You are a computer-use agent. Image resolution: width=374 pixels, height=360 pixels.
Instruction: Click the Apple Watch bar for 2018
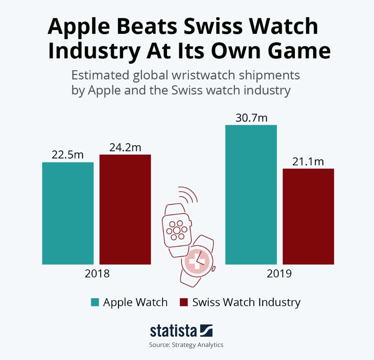68,213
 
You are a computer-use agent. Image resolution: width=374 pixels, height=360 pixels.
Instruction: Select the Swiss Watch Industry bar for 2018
125,209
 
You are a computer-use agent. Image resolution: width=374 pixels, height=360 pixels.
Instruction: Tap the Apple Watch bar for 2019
251,194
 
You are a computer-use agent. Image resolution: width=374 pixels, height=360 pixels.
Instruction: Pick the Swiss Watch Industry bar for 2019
308,216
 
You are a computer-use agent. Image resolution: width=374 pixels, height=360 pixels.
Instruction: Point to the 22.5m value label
68,155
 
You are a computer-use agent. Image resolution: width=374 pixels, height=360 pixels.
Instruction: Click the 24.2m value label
125,147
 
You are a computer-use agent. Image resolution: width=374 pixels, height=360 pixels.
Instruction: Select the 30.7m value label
251,118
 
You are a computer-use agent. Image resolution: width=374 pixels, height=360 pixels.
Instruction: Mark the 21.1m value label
308,162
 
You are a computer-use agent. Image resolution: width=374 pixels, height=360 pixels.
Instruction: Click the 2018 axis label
97,274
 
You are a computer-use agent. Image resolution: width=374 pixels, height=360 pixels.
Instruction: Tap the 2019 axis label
279,274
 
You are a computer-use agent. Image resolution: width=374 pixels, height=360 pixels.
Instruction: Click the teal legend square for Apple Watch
95,302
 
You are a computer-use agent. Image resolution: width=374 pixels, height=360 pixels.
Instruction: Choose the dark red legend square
184,302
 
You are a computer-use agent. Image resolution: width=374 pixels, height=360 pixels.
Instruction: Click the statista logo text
173,331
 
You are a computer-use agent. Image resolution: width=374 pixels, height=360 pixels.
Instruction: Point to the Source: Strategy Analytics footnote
186,345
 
